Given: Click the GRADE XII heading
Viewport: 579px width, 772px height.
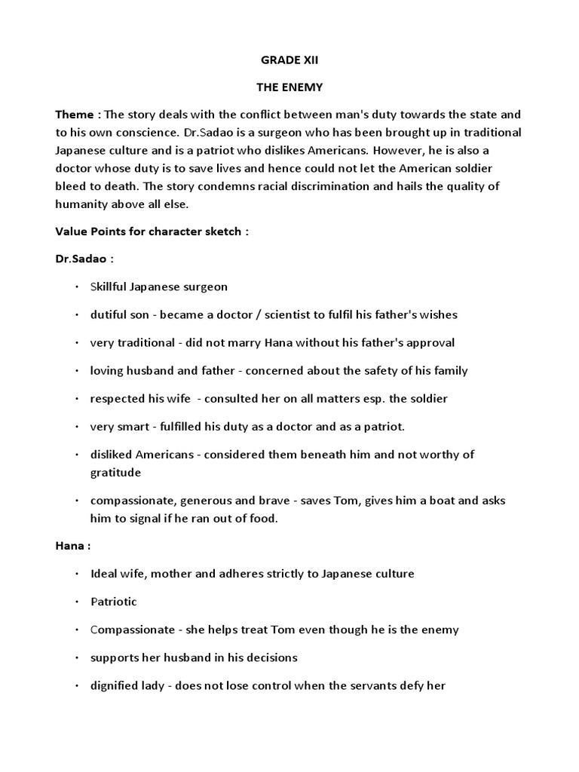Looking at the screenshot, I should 289,60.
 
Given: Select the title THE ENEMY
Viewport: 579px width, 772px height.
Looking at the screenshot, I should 289,87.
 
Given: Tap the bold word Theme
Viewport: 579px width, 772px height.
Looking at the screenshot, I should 75,115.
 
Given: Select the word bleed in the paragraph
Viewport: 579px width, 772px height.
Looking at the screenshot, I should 70,186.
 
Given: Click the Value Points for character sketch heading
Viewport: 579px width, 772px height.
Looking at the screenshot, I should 152,231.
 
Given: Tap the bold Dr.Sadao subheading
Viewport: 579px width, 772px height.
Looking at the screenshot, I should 82,259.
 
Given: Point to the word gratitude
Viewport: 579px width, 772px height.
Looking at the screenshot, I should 115,472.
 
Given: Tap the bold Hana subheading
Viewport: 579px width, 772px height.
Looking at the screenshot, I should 72,546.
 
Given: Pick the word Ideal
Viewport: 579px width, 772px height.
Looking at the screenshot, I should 103,574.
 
